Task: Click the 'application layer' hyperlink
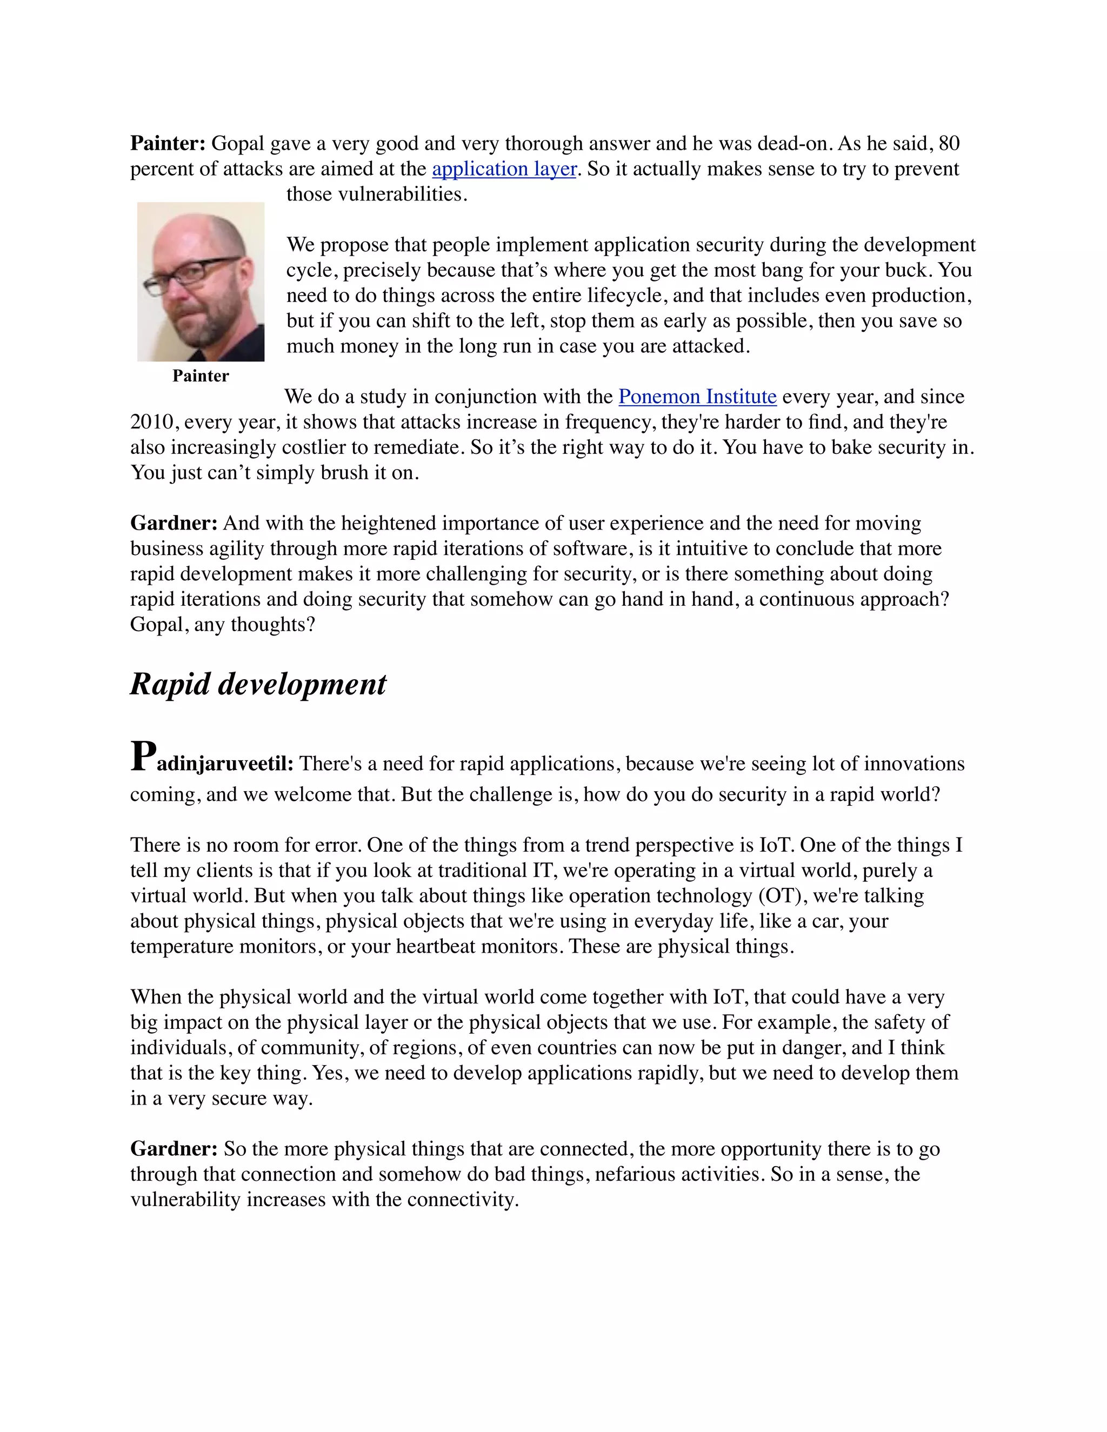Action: pyautogui.click(x=504, y=169)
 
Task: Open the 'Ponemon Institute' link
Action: pyautogui.click(x=697, y=397)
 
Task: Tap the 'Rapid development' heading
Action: pyautogui.click(x=258, y=685)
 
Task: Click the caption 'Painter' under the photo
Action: pyautogui.click(x=200, y=376)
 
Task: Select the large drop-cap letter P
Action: pyautogui.click(x=143, y=757)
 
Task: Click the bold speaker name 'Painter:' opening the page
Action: pyautogui.click(x=168, y=144)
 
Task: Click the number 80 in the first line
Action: pyautogui.click(x=949, y=144)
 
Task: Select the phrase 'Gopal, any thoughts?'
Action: pyautogui.click(x=222, y=625)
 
